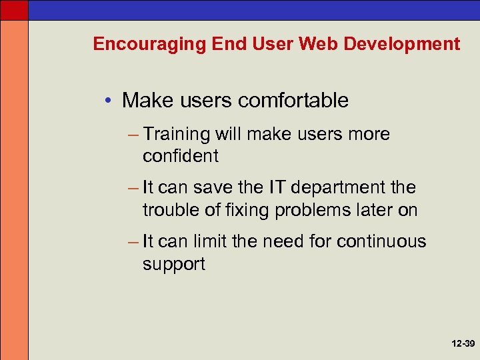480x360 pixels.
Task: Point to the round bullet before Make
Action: [109, 101]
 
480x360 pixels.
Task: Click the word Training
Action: [176, 135]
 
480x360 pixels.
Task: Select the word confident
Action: [180, 156]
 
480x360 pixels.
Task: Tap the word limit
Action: [209, 241]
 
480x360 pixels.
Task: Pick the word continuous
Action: [381, 241]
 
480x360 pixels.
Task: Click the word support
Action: [173, 264]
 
